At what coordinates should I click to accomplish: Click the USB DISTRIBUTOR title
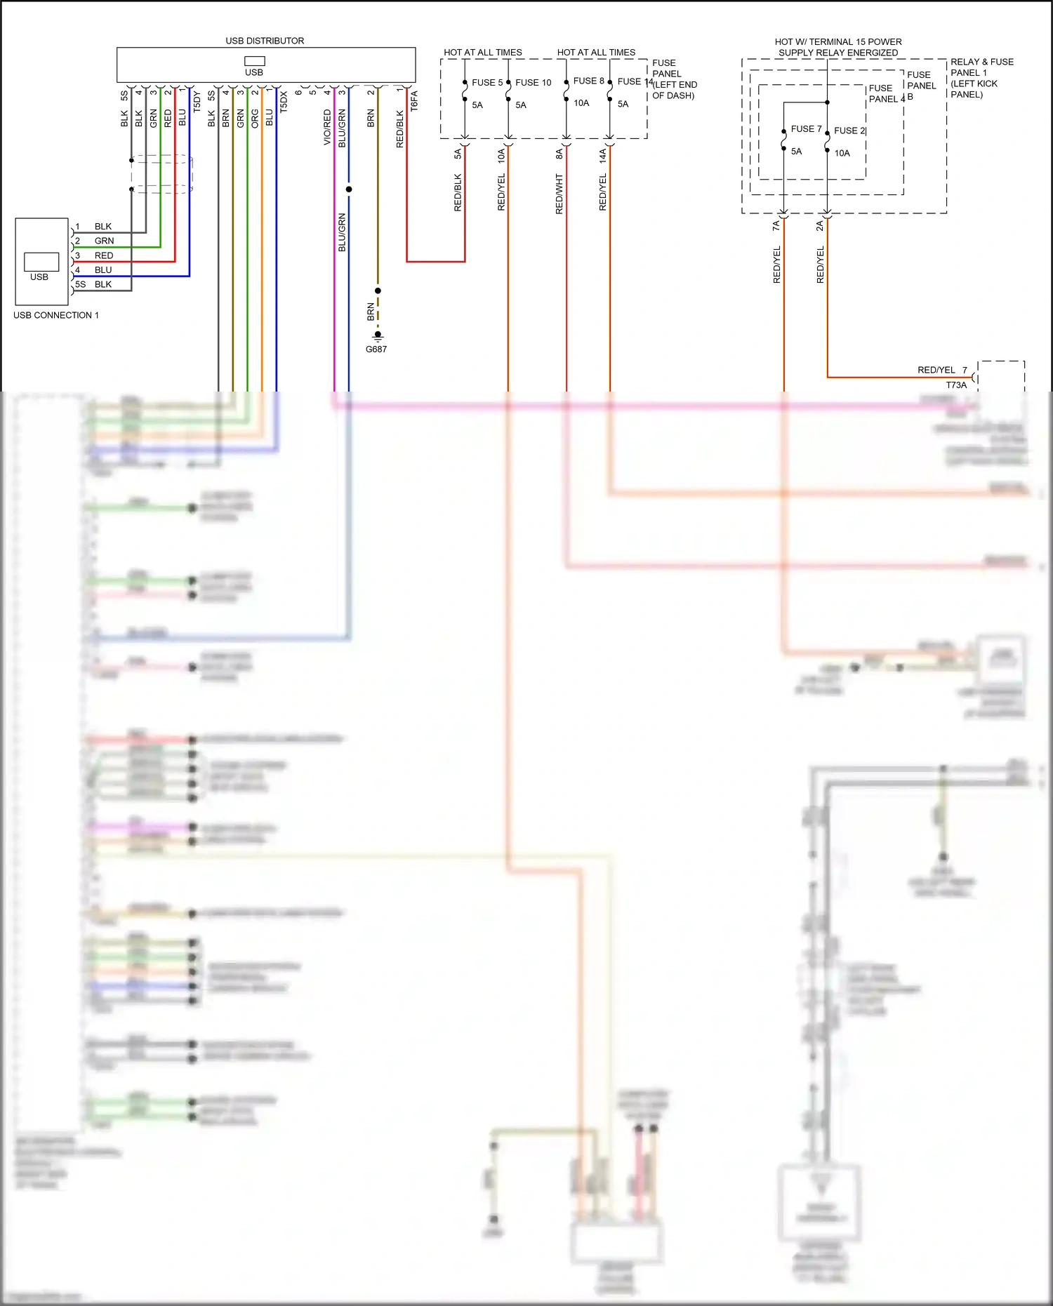[x=265, y=41]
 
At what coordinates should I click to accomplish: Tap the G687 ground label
[x=376, y=349]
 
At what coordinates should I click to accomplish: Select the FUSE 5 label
[x=487, y=82]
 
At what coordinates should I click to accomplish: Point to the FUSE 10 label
[x=533, y=82]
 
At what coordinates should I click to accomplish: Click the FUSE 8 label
[x=588, y=81]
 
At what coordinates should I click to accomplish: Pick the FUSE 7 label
[x=806, y=128]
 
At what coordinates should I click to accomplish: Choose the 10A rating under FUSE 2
[x=842, y=153]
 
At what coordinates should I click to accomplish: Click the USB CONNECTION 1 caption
[x=56, y=315]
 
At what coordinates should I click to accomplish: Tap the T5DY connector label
[x=197, y=102]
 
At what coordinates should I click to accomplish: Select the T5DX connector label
[x=284, y=102]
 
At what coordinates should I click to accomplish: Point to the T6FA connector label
[x=414, y=100]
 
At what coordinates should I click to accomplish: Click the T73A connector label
[x=956, y=385]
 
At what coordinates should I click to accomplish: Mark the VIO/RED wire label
[x=327, y=127]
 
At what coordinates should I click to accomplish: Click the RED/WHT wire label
[x=559, y=194]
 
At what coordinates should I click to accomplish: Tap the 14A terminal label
[x=603, y=155]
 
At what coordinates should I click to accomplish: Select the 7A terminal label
[x=776, y=225]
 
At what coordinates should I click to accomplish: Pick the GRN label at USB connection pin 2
[x=104, y=241]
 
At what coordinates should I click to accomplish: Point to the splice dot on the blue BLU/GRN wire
[x=349, y=189]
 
